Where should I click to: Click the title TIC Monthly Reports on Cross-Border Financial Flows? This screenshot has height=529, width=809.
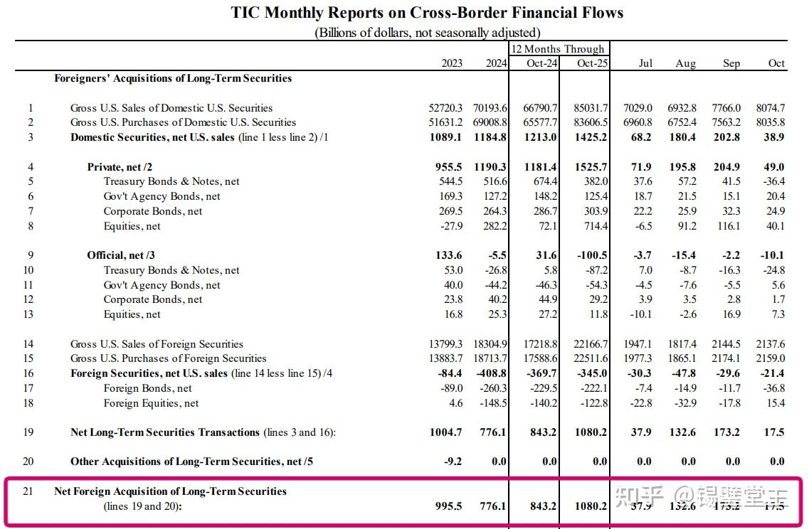tap(427, 13)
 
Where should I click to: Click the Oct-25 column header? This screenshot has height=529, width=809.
tap(591, 63)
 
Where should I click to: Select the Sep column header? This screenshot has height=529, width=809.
tap(731, 63)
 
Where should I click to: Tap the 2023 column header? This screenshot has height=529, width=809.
tap(451, 63)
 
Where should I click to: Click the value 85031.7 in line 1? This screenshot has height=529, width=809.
tap(586, 108)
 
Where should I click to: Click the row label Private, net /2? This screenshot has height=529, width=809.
tap(120, 167)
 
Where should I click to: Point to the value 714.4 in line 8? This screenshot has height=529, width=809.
tap(594, 226)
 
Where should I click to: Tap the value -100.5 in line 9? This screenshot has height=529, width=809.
tap(592, 255)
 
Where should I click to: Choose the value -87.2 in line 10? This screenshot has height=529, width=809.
tap(594, 270)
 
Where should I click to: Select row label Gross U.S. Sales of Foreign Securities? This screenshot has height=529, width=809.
tap(157, 344)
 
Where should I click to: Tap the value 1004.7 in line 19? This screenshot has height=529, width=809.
tap(446, 432)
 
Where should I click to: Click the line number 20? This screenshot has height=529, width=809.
tap(28, 461)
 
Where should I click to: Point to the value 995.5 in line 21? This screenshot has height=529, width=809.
tap(448, 506)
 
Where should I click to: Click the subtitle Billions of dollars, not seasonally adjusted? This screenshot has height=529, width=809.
tap(427, 33)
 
